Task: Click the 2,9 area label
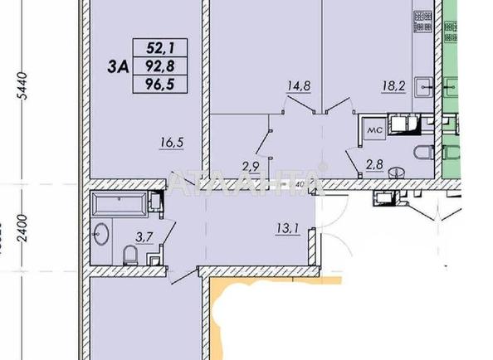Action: coord(251,165)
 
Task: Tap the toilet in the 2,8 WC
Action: coord(422,152)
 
